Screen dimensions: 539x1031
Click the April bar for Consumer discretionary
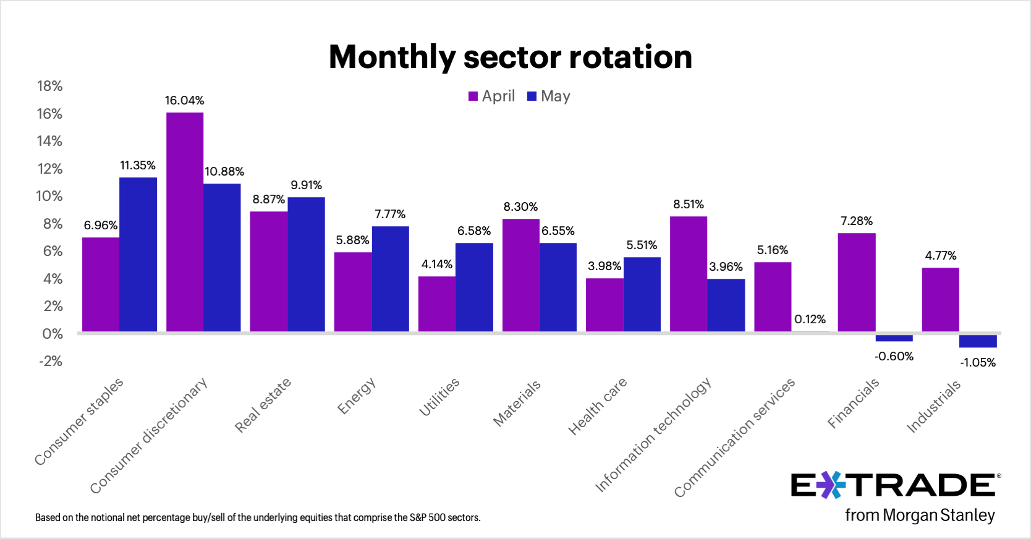click(185, 223)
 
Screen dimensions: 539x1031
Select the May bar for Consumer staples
click(138, 255)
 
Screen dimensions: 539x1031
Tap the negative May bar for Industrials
click(977, 341)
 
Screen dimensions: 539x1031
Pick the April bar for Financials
click(857, 282)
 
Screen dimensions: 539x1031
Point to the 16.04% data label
click(184, 100)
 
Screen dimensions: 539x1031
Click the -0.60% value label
click(894, 357)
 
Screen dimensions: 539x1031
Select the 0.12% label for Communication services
click(810, 320)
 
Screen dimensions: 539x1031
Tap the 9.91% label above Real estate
click(306, 185)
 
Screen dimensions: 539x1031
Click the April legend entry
click(491, 96)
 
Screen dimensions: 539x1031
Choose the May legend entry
click(549, 96)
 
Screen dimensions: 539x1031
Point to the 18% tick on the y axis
click(49, 87)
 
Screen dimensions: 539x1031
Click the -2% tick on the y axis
click(51, 361)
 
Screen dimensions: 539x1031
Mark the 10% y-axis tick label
click(49, 197)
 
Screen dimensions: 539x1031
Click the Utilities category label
click(439, 397)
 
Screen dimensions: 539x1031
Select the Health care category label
click(598, 406)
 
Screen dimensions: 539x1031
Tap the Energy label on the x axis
click(356, 396)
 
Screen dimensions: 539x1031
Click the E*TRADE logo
click(893, 486)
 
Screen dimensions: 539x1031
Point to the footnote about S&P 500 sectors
click(258, 518)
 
